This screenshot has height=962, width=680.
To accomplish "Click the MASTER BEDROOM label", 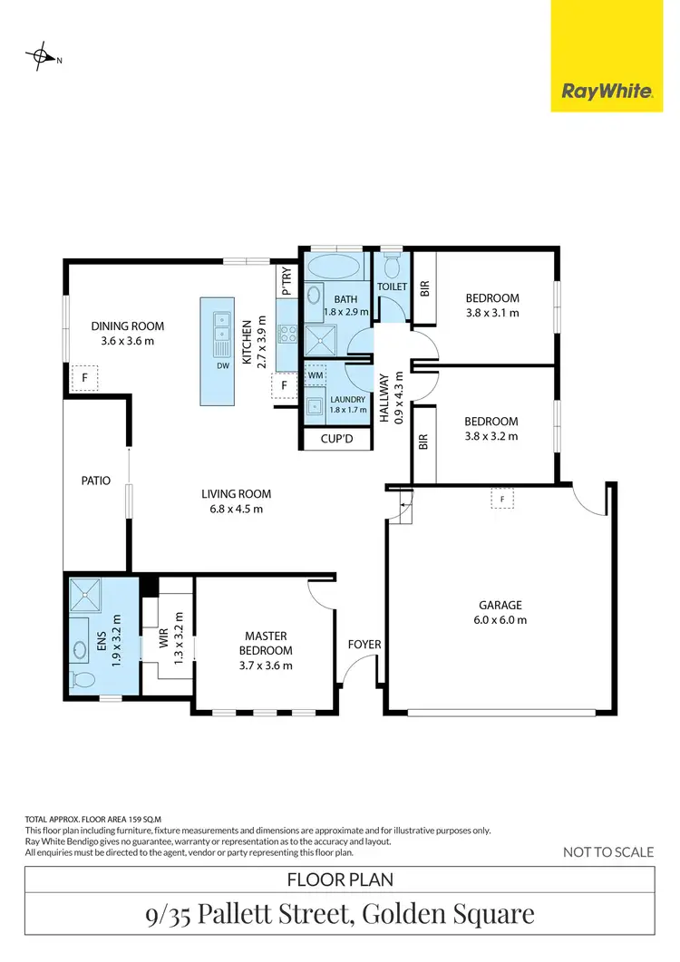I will (x=266, y=643).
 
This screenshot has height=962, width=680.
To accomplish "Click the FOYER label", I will (x=364, y=645).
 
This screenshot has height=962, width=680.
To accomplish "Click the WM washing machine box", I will (x=316, y=374).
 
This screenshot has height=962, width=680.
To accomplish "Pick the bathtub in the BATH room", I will (x=335, y=267).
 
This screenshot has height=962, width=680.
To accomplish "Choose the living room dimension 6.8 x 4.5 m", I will (x=237, y=509).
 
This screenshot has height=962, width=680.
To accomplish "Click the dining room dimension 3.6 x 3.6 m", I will (x=128, y=341).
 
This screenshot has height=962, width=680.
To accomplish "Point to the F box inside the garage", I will (x=500, y=498).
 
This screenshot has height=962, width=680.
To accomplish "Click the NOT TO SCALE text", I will (x=608, y=851).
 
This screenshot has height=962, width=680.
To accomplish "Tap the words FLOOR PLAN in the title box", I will (x=339, y=879).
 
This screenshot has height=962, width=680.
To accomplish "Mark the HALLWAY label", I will (x=384, y=399).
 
